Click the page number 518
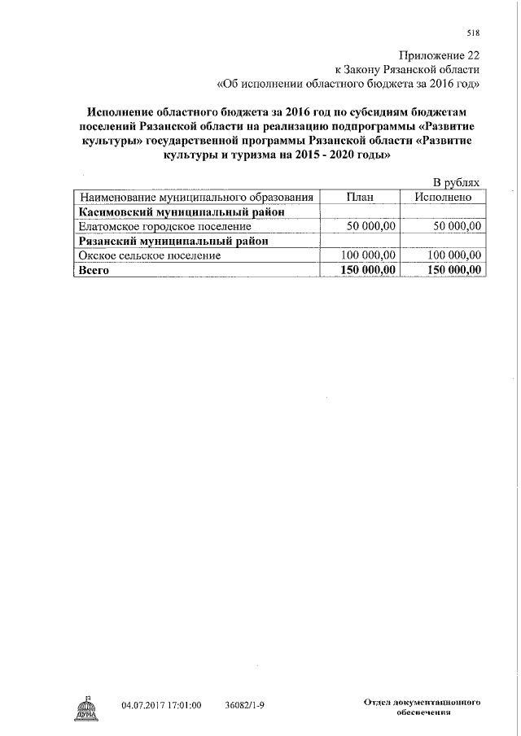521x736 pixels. click(473, 33)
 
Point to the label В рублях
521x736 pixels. click(457, 184)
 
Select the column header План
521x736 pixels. click(360, 198)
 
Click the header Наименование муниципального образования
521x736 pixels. click(196, 198)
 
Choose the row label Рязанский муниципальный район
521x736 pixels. click(173, 241)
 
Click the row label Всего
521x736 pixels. click(93, 270)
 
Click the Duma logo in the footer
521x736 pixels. click(85, 707)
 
